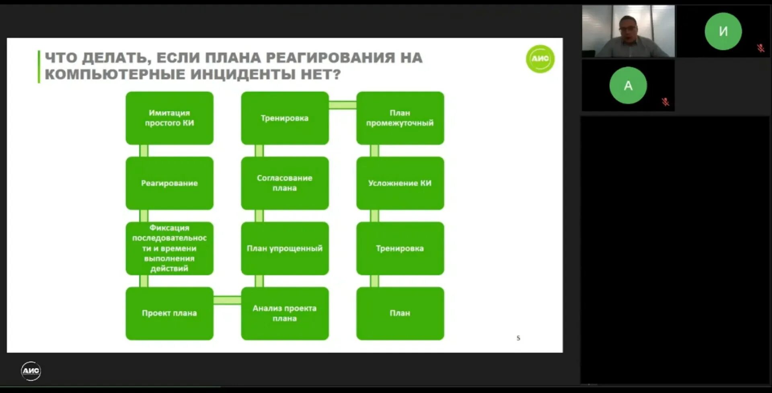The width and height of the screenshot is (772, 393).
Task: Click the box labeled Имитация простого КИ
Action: click(x=169, y=118)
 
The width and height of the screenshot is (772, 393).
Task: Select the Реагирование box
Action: click(x=169, y=183)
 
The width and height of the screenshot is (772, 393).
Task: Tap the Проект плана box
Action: click(x=169, y=313)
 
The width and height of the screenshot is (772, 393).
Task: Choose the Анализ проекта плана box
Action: click(x=285, y=313)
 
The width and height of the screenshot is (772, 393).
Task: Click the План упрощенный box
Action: click(x=285, y=248)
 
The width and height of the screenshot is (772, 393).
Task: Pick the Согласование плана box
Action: click(x=285, y=183)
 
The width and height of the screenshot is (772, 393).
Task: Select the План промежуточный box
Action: click(x=400, y=118)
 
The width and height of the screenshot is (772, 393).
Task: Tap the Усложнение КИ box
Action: click(x=400, y=183)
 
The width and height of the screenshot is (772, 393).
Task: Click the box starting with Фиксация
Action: click(x=169, y=248)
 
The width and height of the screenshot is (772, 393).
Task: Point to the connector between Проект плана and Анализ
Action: click(x=227, y=300)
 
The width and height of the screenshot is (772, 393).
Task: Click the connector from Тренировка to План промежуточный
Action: click(x=343, y=105)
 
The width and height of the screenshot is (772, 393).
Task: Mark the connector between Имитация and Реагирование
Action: click(x=144, y=150)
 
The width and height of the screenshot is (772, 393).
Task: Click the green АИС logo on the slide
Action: click(x=540, y=59)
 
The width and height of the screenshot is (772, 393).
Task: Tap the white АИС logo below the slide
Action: click(x=31, y=370)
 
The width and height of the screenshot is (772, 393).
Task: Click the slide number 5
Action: click(x=518, y=338)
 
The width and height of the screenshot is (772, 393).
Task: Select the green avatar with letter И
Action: click(x=723, y=31)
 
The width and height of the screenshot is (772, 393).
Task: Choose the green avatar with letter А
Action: click(x=628, y=86)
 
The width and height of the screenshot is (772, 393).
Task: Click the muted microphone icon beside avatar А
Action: click(x=665, y=102)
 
